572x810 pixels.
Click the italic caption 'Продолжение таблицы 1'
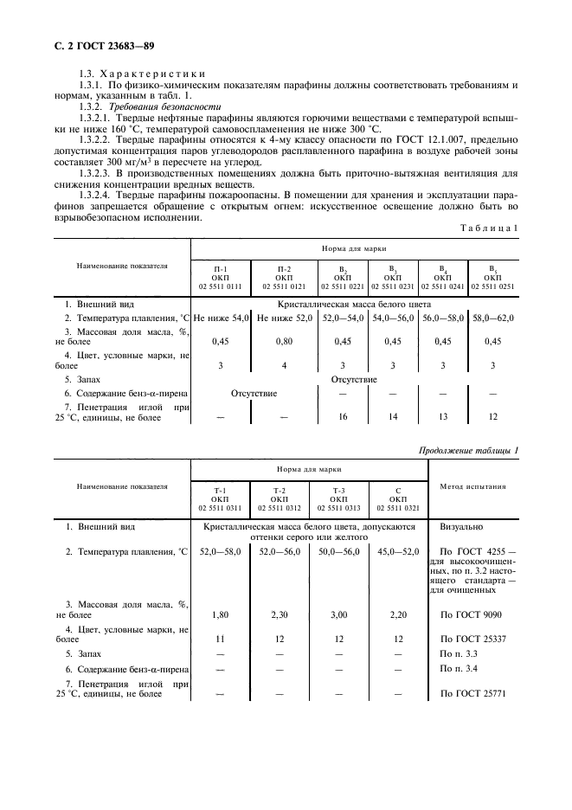468,450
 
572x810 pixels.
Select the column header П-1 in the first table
220,269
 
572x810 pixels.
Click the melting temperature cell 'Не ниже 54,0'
221,318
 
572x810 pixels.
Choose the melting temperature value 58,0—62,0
493,318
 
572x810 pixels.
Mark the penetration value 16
344,416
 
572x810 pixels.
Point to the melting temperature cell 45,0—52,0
398,551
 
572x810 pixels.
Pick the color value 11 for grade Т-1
220,639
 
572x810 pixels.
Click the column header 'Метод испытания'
472,486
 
